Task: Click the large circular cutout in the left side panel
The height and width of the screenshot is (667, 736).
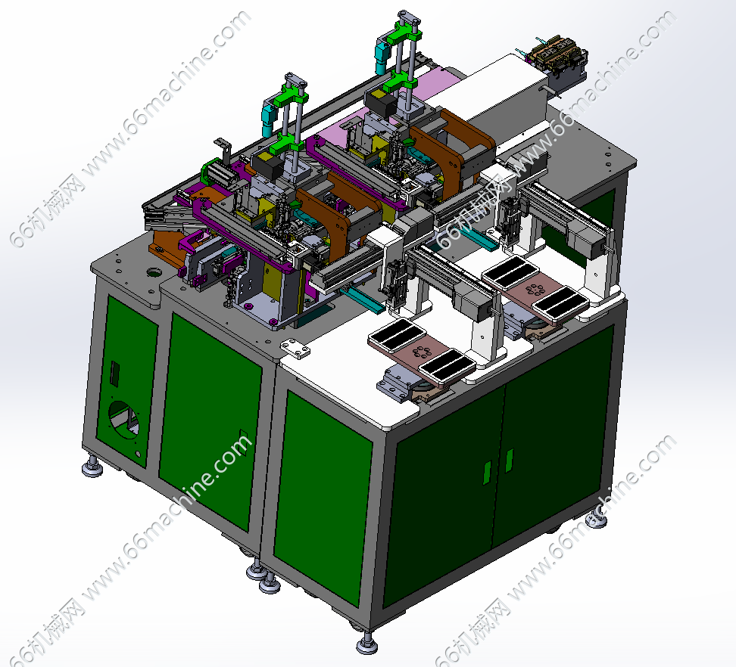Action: tap(124, 420)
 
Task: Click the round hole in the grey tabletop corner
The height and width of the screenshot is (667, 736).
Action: tap(154, 271)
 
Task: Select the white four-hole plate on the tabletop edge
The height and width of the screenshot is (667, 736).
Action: tap(296, 349)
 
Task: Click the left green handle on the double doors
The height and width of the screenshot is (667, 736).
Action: tap(487, 473)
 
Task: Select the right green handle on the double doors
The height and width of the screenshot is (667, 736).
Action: tap(509, 461)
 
